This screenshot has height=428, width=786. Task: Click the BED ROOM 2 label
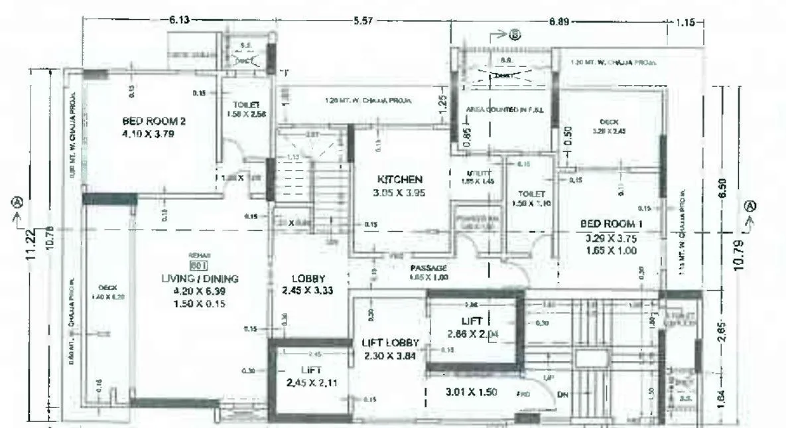coord(153,121)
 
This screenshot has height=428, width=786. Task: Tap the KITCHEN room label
coord(400,180)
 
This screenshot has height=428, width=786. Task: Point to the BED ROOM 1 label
coord(610,224)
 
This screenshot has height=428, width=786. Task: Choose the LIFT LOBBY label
coord(391,343)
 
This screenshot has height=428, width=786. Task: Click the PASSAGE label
coord(428,268)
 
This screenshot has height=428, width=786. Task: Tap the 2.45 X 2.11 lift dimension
coord(311,382)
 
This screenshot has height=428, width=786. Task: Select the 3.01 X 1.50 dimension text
coord(471,392)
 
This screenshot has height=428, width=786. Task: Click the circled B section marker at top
coord(514,35)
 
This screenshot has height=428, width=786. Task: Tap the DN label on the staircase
coord(564,395)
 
